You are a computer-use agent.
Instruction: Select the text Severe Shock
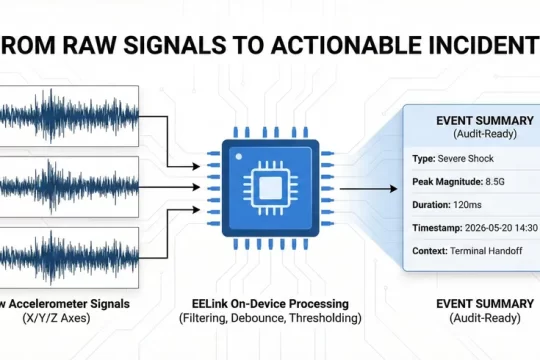click(468, 158)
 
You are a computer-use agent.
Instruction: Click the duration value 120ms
click(471, 204)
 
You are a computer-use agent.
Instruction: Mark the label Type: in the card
click(423, 158)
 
